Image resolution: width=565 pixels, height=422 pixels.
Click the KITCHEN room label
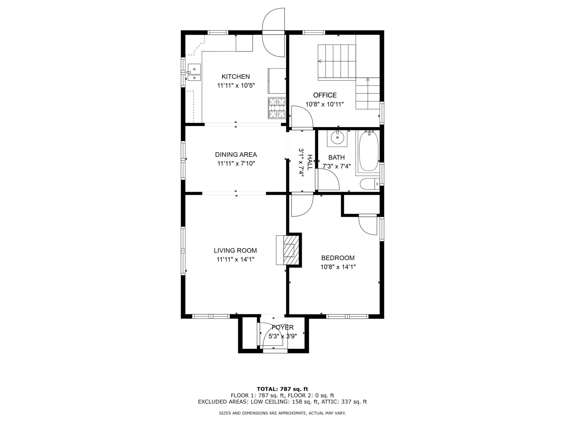(x=235, y=76)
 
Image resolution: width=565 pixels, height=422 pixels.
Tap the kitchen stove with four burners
(x=277, y=108)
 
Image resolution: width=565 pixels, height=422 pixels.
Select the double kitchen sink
(x=194, y=72)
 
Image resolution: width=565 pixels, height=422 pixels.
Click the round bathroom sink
(x=337, y=138)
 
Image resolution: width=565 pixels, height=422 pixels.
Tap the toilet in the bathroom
(x=369, y=184)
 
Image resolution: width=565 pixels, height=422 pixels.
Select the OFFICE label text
(x=325, y=95)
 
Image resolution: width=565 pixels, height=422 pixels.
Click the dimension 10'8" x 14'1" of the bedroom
(x=338, y=267)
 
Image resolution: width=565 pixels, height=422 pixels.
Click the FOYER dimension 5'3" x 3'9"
(x=282, y=336)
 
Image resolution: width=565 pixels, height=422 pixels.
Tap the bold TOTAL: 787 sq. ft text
(x=282, y=389)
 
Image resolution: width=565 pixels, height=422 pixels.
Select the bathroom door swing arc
(x=329, y=180)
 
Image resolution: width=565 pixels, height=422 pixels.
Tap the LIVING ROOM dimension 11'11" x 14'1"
(x=235, y=259)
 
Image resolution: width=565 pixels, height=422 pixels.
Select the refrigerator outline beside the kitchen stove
(x=277, y=81)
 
